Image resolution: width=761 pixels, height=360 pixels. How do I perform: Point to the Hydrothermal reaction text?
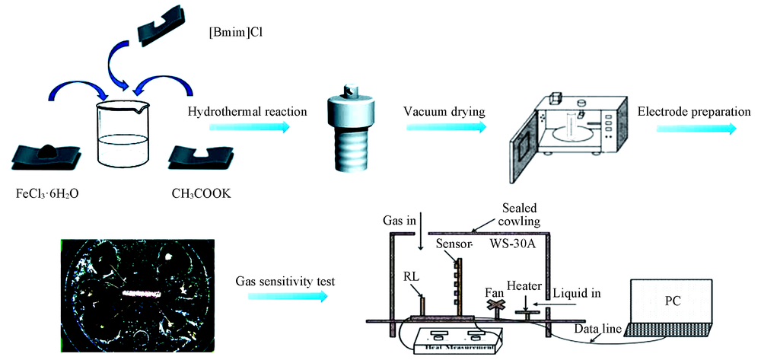tap(247, 112)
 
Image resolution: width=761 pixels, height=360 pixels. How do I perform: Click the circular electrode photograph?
tap(135, 292)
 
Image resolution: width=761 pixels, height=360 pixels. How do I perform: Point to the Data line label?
tap(601, 328)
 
